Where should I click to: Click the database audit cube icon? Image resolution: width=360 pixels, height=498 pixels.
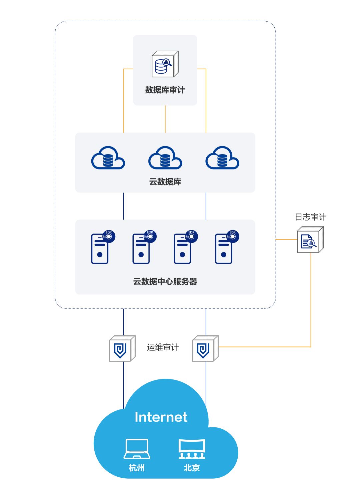[165, 64]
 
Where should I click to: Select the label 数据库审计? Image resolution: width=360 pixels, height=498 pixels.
[165, 90]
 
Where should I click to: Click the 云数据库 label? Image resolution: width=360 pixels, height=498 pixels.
[165, 182]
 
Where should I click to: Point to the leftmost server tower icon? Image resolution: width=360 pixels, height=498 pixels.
[100, 249]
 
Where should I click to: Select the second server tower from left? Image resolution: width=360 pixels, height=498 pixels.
[141, 249]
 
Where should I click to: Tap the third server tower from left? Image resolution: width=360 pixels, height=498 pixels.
[182, 249]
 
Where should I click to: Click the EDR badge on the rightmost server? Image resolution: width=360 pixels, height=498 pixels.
[233, 236]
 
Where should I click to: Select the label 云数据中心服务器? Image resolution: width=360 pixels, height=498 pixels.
[165, 282]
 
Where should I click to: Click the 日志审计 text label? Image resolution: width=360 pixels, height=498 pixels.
[310, 217]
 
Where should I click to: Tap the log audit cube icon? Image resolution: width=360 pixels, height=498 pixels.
[310, 240]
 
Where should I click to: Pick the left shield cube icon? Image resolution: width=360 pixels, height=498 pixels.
[122, 348]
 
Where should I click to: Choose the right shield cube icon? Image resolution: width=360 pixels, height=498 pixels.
[205, 348]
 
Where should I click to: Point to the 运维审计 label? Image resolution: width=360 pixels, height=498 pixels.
[163, 347]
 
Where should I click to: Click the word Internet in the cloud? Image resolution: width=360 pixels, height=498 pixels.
[161, 417]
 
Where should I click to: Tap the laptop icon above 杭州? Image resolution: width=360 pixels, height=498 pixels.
[137, 449]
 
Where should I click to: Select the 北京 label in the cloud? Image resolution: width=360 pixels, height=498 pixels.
[192, 468]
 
